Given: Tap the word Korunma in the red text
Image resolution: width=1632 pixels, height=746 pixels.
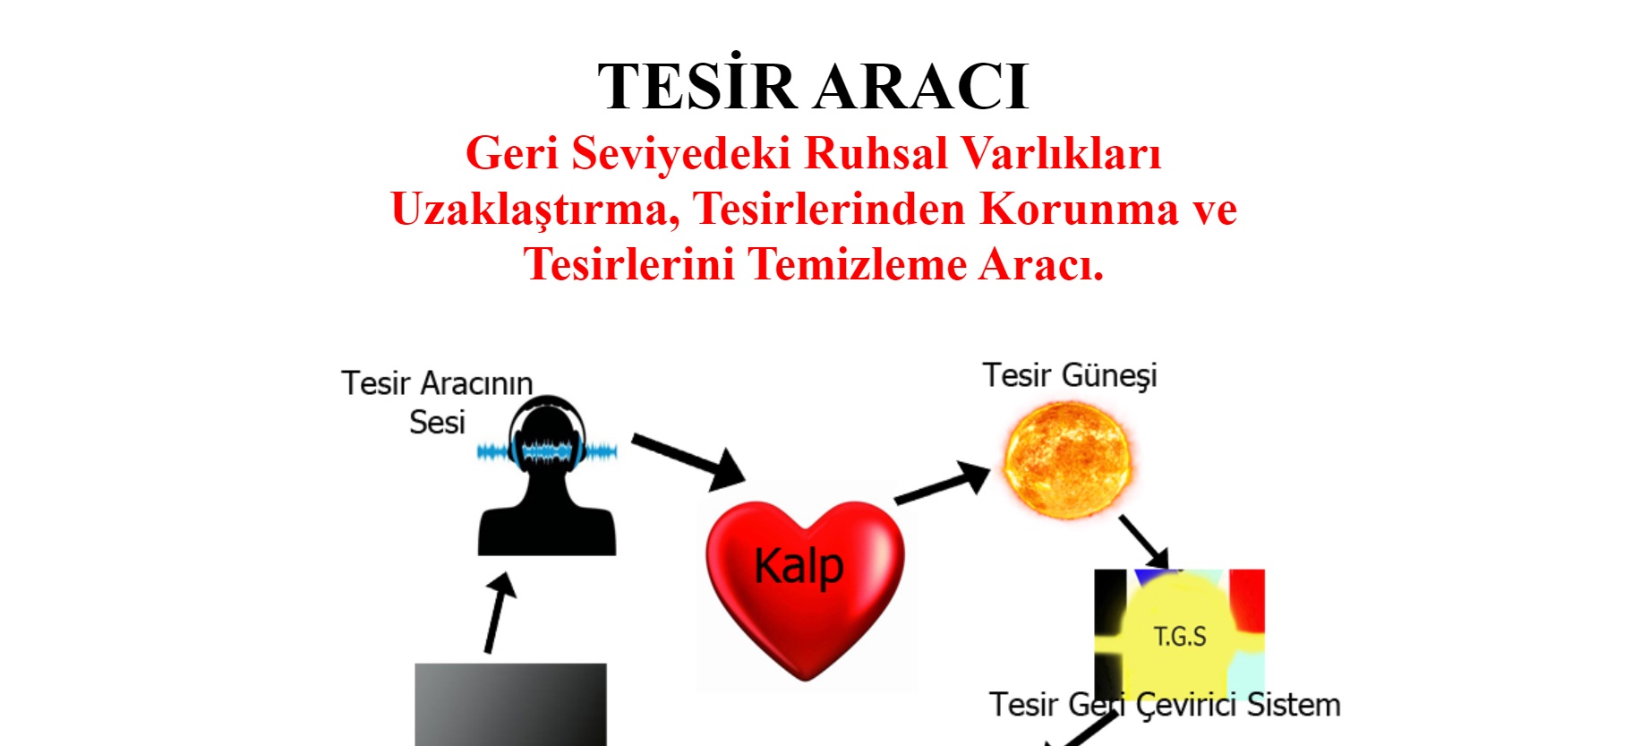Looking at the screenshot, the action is pos(1079,208).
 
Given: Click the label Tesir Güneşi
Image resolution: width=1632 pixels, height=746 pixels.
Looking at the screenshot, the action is pos(1070,375).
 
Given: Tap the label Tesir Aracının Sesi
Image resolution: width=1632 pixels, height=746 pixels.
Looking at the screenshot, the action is pos(437,402).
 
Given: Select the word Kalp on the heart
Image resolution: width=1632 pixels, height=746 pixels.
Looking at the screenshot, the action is pos(799,567).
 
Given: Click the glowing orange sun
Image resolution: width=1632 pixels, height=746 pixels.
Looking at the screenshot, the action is pos(1066,459).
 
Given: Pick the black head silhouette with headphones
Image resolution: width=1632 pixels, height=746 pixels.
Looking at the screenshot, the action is pos(547,476).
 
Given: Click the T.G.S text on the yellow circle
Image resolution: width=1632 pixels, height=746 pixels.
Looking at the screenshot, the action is pos(1179,637).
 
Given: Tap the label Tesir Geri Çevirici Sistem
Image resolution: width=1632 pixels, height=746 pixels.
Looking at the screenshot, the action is pos(1165,706).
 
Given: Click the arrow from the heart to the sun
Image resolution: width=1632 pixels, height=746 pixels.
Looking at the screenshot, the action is pos(943,483).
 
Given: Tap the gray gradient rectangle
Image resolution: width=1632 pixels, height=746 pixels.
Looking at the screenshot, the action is pos(510,705).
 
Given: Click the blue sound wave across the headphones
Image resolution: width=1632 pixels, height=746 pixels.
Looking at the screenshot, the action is pos(547,450).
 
